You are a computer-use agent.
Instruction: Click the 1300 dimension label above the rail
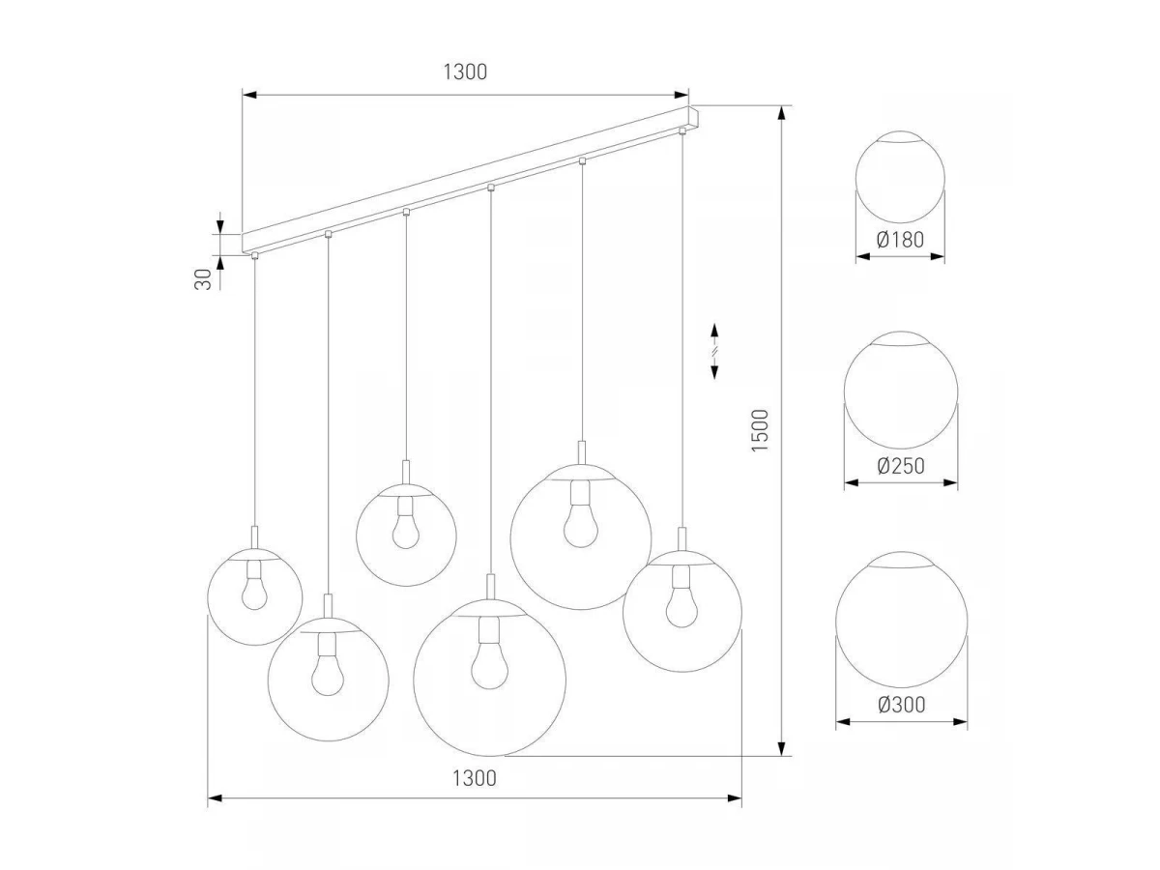click(x=465, y=72)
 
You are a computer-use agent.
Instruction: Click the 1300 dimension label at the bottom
click(x=474, y=778)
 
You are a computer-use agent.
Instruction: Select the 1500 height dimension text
click(x=760, y=430)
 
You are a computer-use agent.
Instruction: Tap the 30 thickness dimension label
click(x=203, y=279)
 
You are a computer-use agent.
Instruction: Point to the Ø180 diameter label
click(x=900, y=240)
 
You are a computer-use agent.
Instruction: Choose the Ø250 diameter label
click(x=901, y=466)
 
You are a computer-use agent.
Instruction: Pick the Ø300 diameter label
click(x=902, y=705)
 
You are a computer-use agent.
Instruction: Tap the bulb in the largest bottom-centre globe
click(x=489, y=653)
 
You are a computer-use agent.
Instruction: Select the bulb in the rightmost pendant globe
click(x=681, y=596)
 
